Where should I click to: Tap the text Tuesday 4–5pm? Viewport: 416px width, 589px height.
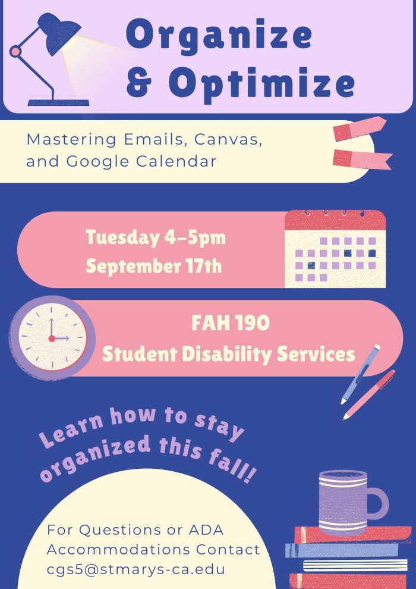[x=156, y=238]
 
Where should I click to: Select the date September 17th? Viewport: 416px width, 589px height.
[x=154, y=265]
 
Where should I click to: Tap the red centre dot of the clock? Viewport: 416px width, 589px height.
[x=52, y=338]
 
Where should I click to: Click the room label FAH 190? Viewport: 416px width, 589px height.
[x=231, y=324]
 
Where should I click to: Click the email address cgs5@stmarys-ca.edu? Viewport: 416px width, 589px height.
[x=136, y=569]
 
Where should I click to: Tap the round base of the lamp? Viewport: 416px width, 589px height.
[x=58, y=102]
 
